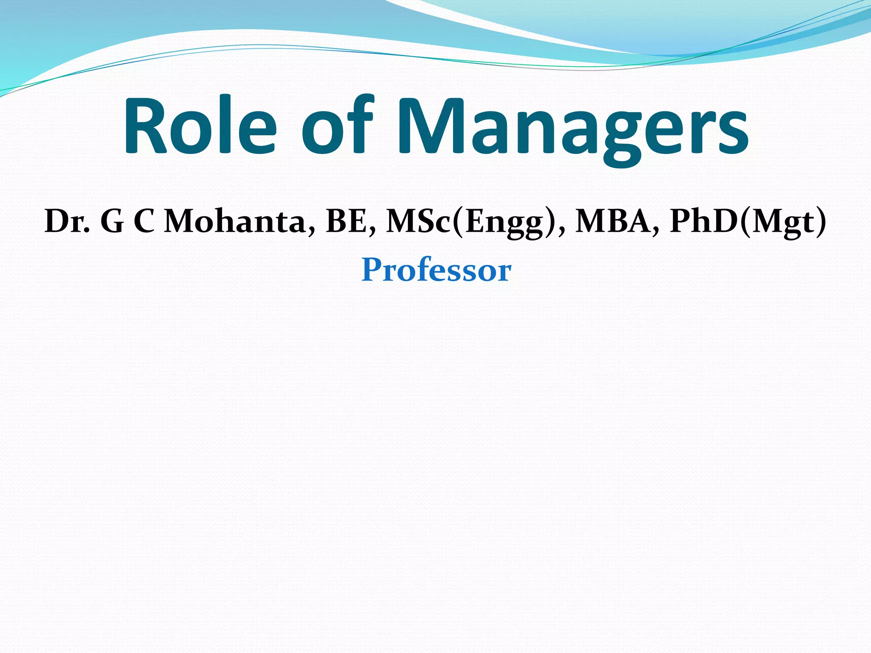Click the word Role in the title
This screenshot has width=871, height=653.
(200, 126)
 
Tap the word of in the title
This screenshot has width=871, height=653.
(338, 126)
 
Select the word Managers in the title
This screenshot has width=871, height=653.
(572, 128)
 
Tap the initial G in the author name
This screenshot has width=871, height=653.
(112, 222)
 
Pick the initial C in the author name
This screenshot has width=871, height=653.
(144, 222)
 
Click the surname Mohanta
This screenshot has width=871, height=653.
(234, 222)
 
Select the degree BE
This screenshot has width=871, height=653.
(347, 222)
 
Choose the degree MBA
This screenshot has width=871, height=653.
(612, 222)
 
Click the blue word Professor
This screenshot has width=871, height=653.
(436, 270)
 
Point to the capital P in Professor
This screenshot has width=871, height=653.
(372, 270)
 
